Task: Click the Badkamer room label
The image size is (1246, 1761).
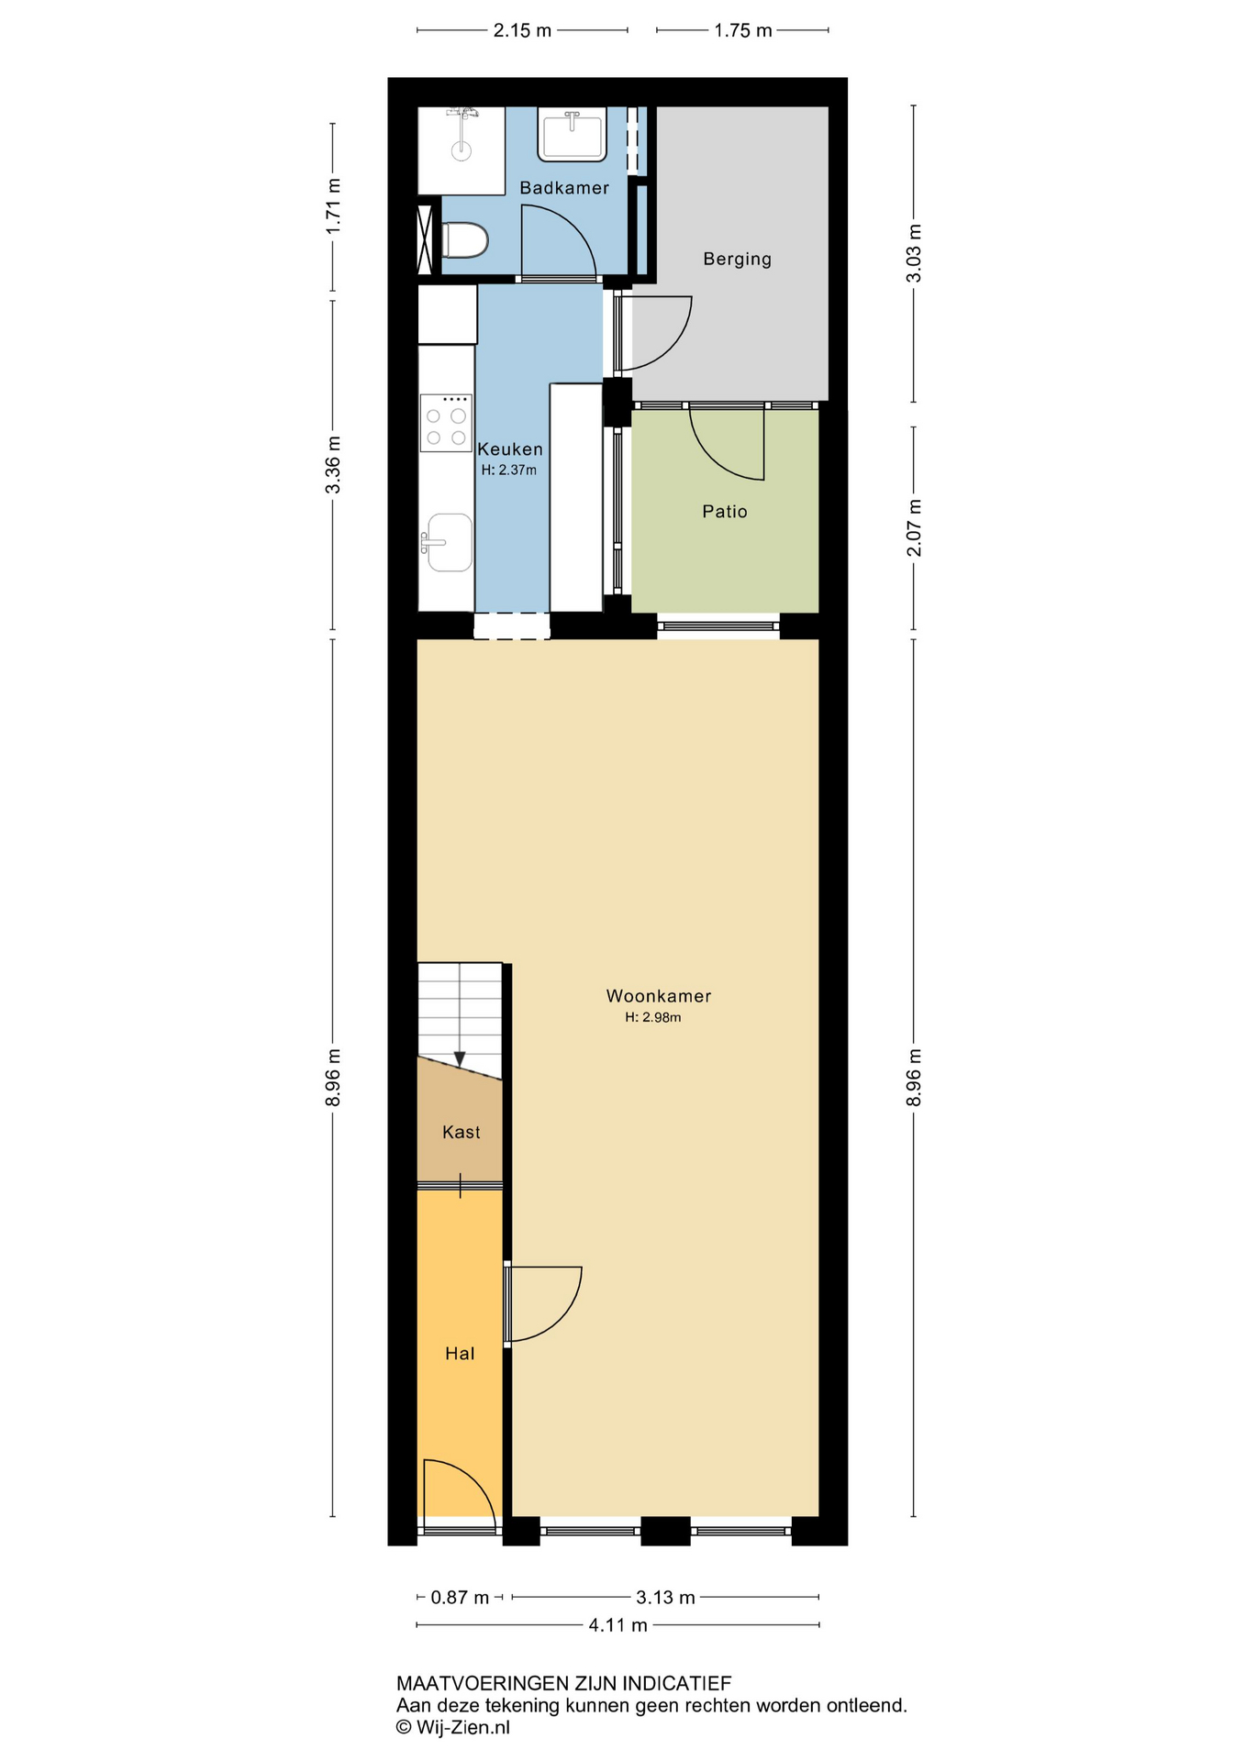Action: tap(563, 188)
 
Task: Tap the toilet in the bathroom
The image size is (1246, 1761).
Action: tap(464, 241)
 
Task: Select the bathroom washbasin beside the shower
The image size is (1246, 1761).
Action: tap(573, 135)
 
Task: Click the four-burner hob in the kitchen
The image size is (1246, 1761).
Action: tap(446, 423)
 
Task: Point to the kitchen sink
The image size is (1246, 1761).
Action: tap(449, 543)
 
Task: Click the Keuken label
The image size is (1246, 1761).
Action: tap(510, 449)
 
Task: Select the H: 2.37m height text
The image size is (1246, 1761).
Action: tap(508, 471)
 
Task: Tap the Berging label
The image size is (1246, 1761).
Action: tap(737, 259)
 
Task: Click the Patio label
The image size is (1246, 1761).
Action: tap(724, 512)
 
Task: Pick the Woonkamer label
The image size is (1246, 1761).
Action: tap(658, 996)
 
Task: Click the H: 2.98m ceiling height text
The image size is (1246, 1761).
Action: tap(652, 1017)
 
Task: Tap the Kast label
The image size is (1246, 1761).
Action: tap(461, 1133)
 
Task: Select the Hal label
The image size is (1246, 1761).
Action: tap(460, 1354)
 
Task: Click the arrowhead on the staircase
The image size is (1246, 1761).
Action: tap(460, 1059)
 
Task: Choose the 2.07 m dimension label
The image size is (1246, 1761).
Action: tap(914, 528)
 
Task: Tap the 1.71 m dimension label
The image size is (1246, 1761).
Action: tap(333, 206)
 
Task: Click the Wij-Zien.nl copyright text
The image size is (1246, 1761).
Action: tap(452, 1728)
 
